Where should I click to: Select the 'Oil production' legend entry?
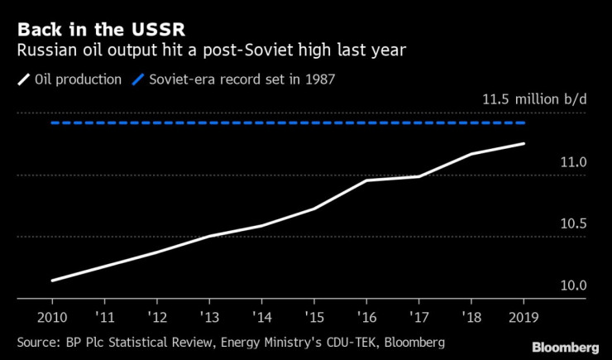pyautogui.click(x=79, y=80)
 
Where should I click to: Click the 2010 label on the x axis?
pyautogui.click(x=52, y=319)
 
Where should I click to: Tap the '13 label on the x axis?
pyautogui.click(x=210, y=319)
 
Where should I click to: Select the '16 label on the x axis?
pyautogui.click(x=366, y=319)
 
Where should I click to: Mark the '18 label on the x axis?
pyautogui.click(x=471, y=319)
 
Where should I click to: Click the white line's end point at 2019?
pyautogui.click(x=524, y=143)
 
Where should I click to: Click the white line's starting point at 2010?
pyautogui.click(x=52, y=281)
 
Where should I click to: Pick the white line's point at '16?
pyautogui.click(x=366, y=180)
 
